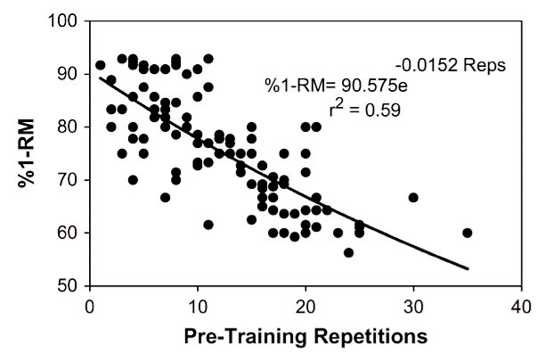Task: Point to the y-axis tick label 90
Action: pos(67,73)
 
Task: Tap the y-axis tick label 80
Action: pos(67,127)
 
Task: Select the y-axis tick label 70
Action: pos(67,180)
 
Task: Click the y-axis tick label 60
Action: pos(67,233)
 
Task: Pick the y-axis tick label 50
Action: pos(67,286)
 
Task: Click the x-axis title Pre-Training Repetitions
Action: pos(305,340)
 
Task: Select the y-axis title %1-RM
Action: pos(27,153)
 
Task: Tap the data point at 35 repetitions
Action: pos(468,233)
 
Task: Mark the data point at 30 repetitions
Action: pos(413,198)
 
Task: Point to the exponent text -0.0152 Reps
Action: pos(451,65)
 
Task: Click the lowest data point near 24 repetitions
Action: pos(348,253)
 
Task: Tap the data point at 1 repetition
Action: pos(100,65)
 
